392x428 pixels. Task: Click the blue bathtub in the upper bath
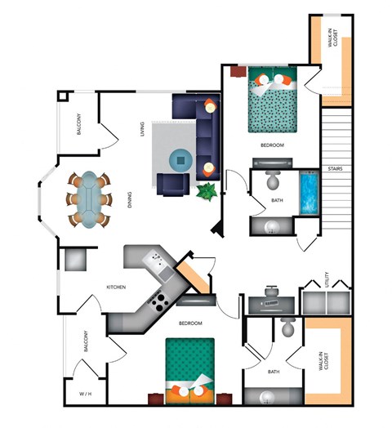tap(310, 194)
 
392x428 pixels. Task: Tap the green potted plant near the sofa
tap(207, 193)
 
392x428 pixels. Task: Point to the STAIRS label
tap(336, 171)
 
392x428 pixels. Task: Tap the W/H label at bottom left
tap(86, 394)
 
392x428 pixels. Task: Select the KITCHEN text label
tap(115, 287)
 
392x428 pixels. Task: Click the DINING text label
tap(131, 201)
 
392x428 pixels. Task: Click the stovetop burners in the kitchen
tap(158, 300)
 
